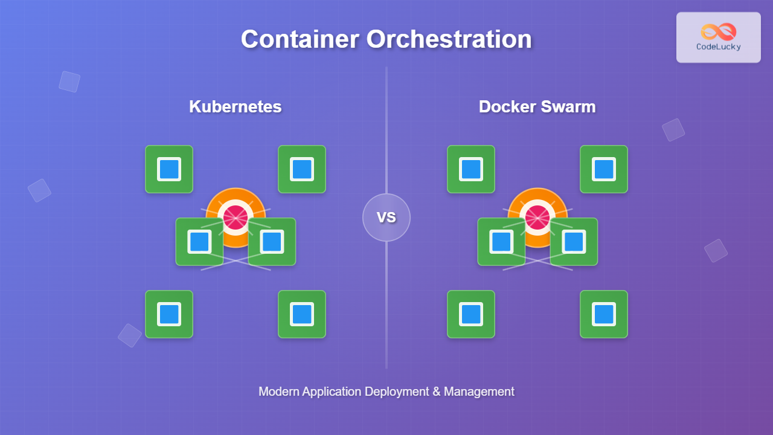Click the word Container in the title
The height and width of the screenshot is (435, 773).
pyautogui.click(x=300, y=39)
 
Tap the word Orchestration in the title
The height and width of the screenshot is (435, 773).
pyautogui.click(x=449, y=39)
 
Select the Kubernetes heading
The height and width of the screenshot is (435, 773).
pyautogui.click(x=236, y=107)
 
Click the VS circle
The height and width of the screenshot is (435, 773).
pyautogui.click(x=386, y=217)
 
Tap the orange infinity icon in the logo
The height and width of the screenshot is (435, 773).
pyautogui.click(x=719, y=31)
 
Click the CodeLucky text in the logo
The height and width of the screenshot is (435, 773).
pyautogui.click(x=719, y=47)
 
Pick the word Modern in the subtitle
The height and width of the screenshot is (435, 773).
pyautogui.click(x=279, y=391)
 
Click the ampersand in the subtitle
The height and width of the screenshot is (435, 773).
pyautogui.click(x=437, y=391)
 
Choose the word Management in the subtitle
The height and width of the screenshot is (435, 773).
pyautogui.click(x=480, y=391)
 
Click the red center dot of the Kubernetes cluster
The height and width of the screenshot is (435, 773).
pyautogui.click(x=236, y=217)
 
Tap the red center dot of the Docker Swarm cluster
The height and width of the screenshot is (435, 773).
pyautogui.click(x=537, y=217)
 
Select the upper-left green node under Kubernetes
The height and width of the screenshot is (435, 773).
pyautogui.click(x=169, y=169)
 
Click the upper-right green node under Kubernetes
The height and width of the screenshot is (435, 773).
pyautogui.click(x=302, y=169)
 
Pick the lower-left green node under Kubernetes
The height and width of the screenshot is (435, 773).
pyautogui.click(x=169, y=314)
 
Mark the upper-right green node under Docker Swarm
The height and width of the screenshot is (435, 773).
pyautogui.click(x=604, y=169)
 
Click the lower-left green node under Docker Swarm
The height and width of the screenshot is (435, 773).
pyautogui.click(x=471, y=314)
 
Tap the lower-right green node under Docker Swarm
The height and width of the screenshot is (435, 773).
pyautogui.click(x=604, y=314)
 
